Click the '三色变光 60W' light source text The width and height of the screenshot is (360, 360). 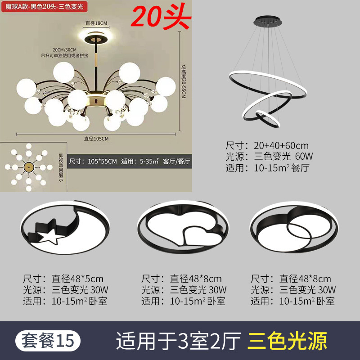(x=283, y=157)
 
